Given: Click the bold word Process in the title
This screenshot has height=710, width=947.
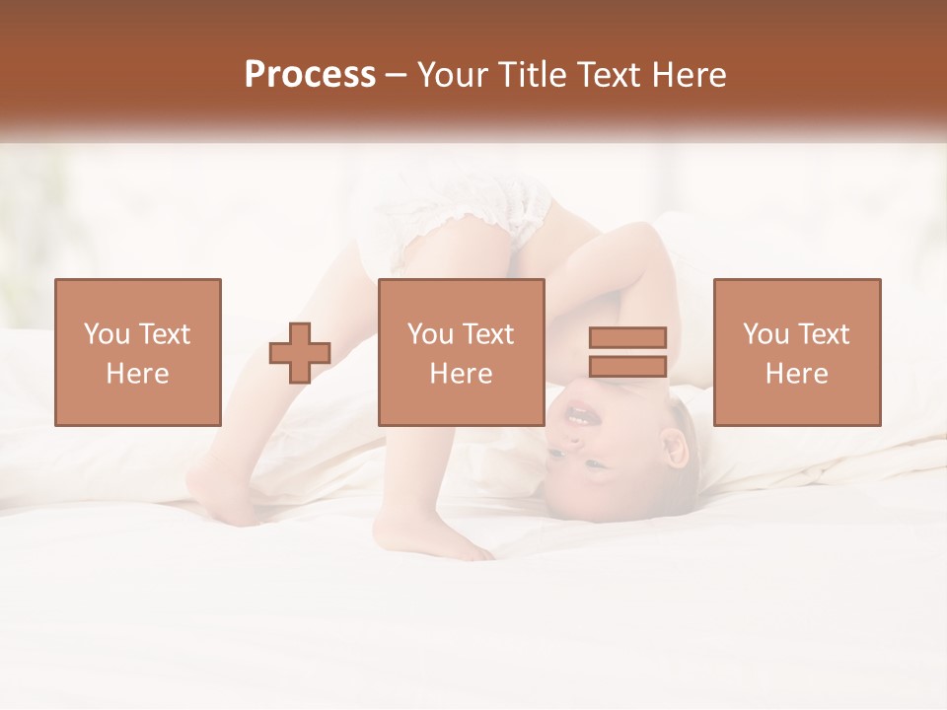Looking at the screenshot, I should point(310,75).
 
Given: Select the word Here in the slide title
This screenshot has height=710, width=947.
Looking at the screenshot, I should point(686,75).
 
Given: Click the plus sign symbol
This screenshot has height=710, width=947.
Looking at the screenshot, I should point(300,353).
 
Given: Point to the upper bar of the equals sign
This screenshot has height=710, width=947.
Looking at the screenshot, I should point(627,337).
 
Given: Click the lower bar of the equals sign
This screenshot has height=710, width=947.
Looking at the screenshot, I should point(627,367).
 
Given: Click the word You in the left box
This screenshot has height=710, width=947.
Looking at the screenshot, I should point(105,334).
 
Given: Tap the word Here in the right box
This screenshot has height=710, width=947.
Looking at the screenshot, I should point(797,374).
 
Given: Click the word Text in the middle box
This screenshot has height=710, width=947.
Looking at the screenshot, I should point(488,334).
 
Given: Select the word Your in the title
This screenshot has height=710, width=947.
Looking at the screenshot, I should point(454,75).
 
